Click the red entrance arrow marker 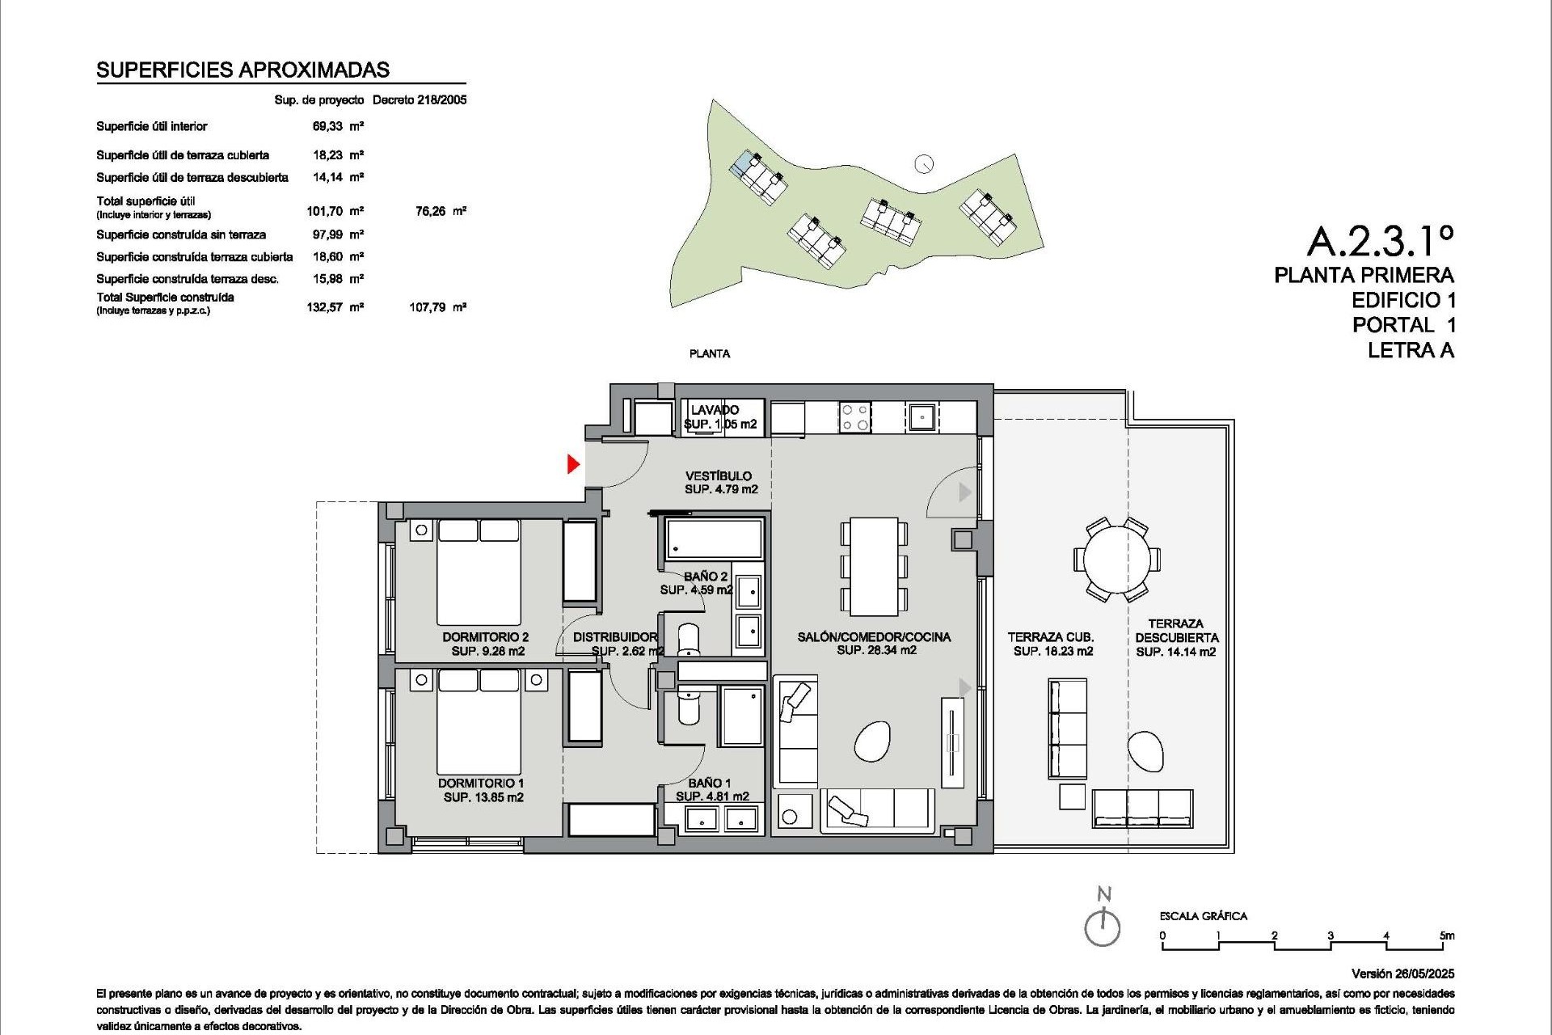click(573, 464)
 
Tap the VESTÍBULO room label click(719, 476)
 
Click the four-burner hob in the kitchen click(854, 417)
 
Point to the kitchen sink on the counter click(921, 417)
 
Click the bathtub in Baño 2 click(713, 539)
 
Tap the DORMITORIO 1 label click(481, 783)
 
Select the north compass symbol click(1103, 926)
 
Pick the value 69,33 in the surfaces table click(327, 126)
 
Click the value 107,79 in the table click(428, 307)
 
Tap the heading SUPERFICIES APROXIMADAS click(242, 70)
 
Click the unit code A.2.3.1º click(1381, 240)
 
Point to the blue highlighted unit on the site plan click(742, 164)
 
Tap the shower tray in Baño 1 click(741, 716)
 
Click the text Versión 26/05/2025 click(1402, 974)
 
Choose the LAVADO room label click(715, 410)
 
